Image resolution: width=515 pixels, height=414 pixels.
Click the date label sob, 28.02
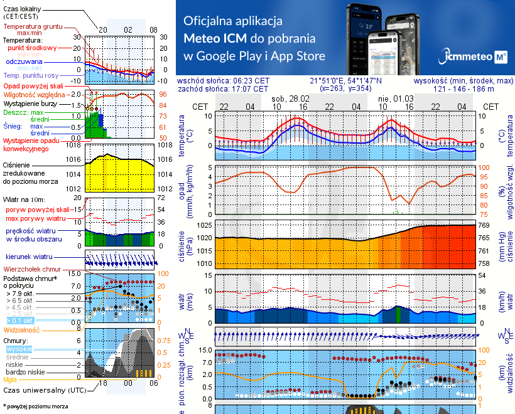click(290, 99)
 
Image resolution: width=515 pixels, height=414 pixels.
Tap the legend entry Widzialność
click(22, 329)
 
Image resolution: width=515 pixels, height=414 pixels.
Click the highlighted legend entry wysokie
click(19, 349)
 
